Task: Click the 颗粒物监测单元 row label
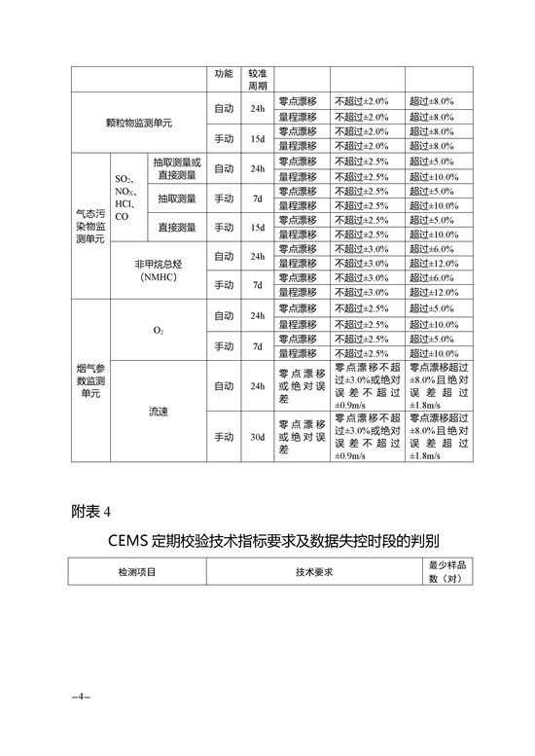[139, 124]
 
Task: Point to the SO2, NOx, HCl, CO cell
[126, 198]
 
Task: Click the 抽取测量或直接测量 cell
[176, 168]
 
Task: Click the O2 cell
[159, 331]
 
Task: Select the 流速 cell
[159, 413]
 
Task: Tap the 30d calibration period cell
[258, 438]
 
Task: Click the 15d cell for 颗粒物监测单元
[258, 138]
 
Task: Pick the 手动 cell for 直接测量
[224, 228]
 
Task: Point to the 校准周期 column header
[258, 79]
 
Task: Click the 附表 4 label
[92, 510]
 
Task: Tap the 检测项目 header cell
[136, 572]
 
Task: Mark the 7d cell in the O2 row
[258, 346]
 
